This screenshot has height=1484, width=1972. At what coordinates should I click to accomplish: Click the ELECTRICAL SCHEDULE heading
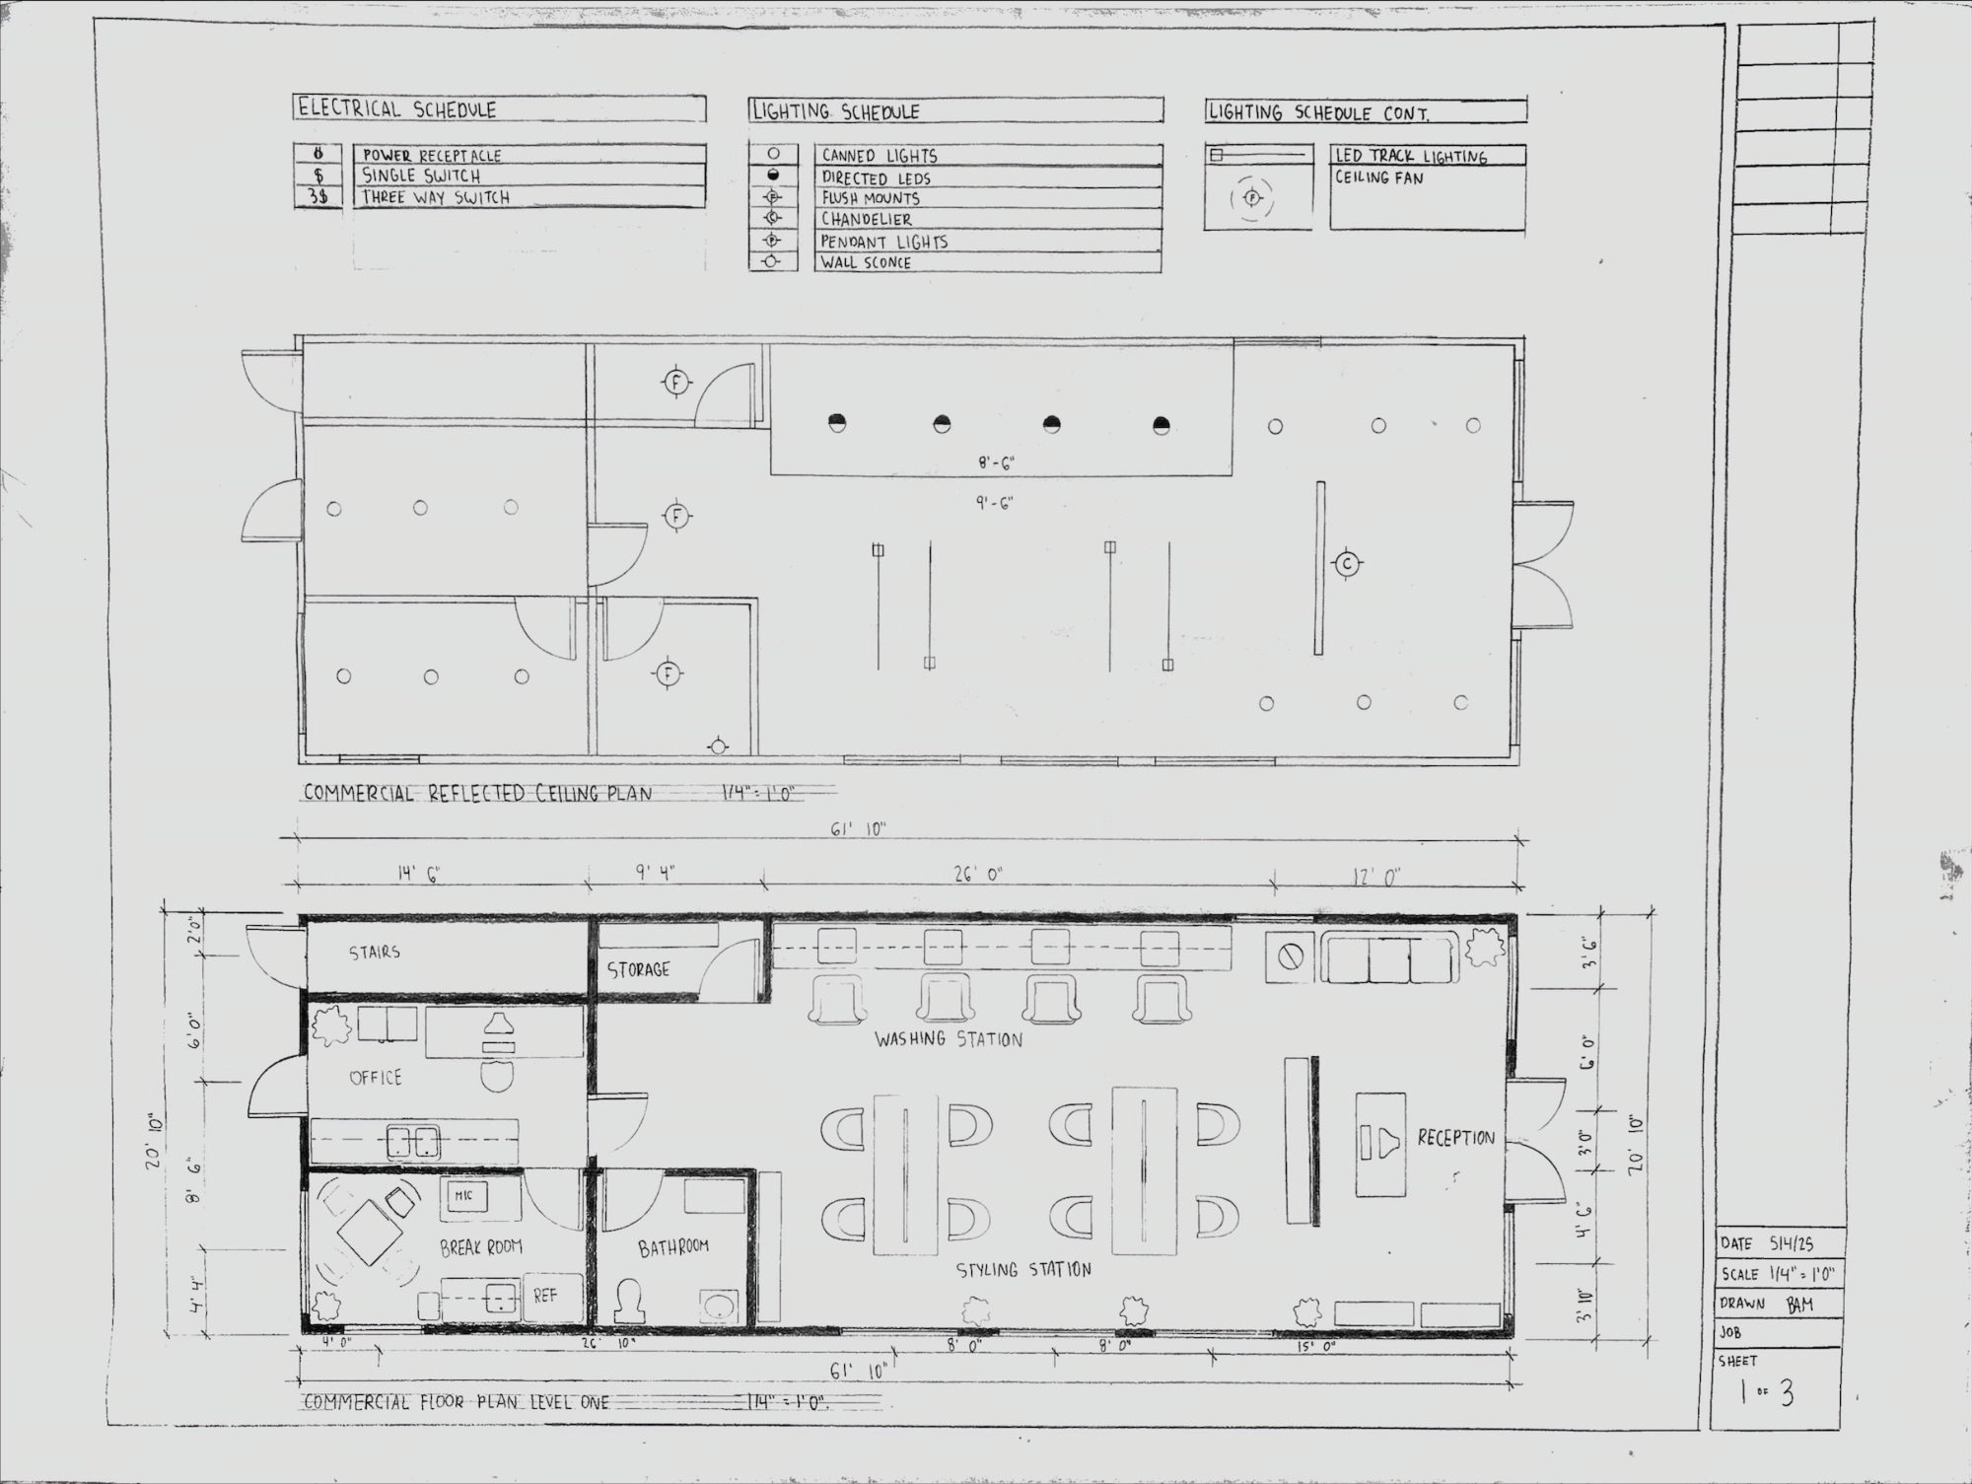point(397,109)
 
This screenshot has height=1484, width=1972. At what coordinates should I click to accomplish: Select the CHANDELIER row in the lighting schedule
point(867,220)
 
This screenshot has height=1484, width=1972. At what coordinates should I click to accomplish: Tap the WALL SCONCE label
point(866,263)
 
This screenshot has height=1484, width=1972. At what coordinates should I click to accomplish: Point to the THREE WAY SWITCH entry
point(436,197)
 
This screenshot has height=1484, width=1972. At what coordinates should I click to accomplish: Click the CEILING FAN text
point(1378,178)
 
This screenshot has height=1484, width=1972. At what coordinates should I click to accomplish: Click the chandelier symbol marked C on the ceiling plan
point(1347,564)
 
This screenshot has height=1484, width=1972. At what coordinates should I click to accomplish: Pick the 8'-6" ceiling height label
point(996,462)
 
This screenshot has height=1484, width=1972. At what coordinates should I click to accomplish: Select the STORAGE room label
point(638,970)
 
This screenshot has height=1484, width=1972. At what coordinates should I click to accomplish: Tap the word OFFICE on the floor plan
point(376,1078)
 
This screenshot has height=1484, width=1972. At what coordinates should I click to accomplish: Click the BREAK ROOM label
point(480,1247)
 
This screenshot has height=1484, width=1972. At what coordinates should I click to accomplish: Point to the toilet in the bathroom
point(631,1300)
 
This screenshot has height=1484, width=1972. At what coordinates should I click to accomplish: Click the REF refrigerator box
point(545,1296)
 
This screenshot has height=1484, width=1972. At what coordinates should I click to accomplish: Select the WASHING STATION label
point(948,1039)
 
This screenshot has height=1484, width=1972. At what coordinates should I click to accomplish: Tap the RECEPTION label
point(1455,1138)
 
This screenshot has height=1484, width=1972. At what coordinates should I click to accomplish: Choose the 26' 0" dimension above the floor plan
point(978,875)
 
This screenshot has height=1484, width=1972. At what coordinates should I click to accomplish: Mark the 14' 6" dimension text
point(419,875)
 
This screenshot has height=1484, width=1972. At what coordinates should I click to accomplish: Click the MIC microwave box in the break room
point(463,1195)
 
